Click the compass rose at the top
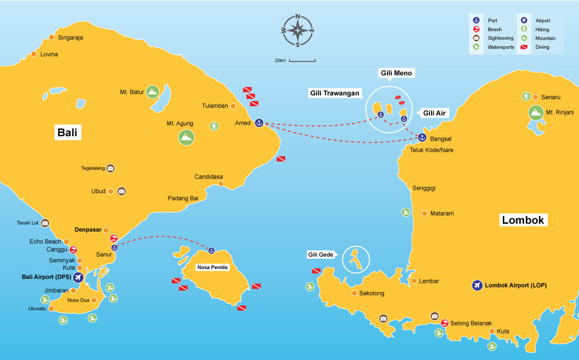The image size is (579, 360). click(298, 30)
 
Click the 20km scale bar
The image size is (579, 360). click(302, 60)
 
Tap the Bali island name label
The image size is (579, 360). click(68, 133)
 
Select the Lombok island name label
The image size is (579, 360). click(523, 220)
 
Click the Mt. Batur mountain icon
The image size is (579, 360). click(153, 91)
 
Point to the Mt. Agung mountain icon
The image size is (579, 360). click(186, 137)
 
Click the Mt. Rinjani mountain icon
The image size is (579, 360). click(536, 113)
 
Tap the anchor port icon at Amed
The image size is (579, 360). click(259, 122)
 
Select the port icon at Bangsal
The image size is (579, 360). click(422, 138)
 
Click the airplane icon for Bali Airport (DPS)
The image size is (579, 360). click(78, 278)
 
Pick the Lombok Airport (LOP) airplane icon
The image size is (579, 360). click(476, 285)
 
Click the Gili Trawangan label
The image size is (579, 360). click(335, 93)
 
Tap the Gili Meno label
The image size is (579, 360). click(396, 73)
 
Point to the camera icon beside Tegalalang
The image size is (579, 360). click(111, 168)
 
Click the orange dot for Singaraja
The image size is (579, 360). click(52, 37)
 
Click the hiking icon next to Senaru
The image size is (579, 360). click(526, 96)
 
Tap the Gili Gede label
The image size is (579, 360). click(320, 254)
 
